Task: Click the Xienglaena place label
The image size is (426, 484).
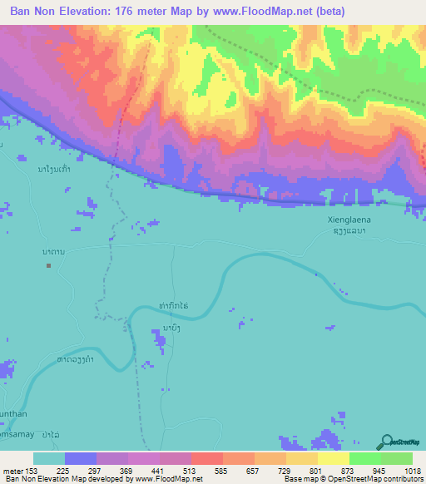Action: click(341, 219)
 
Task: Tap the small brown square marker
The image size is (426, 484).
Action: click(49, 266)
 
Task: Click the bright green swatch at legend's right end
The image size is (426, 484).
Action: click(396, 458)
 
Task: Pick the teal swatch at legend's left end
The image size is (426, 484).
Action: click(49, 458)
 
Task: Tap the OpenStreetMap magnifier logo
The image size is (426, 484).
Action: click(387, 442)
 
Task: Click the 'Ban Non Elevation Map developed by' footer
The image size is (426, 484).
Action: click(65, 480)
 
